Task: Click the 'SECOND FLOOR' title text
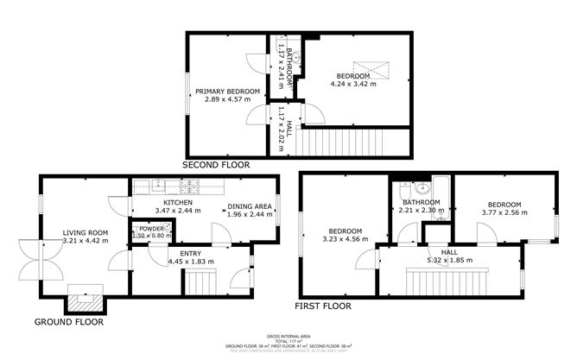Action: (x=216, y=164)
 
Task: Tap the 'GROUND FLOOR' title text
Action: (x=68, y=321)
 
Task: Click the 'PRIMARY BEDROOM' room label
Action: (x=227, y=92)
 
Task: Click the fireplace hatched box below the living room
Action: (x=85, y=302)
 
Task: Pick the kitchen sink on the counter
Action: (x=158, y=184)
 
